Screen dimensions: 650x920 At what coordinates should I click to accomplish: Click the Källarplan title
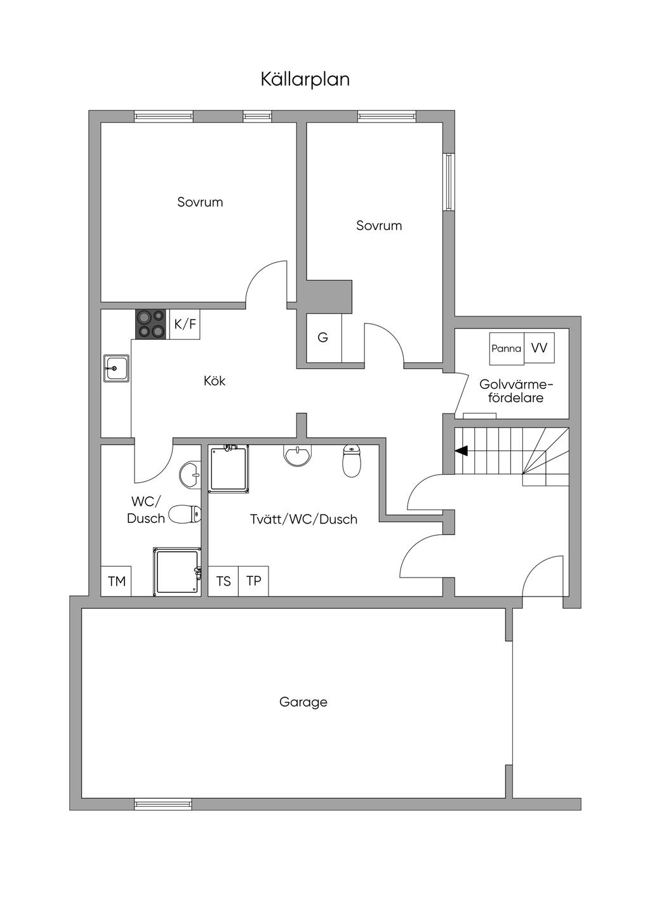point(305,79)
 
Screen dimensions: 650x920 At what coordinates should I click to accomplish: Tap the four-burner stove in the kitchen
point(151,324)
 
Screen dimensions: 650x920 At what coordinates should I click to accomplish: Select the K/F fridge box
point(185,324)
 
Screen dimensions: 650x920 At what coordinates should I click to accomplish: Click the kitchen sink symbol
point(116,369)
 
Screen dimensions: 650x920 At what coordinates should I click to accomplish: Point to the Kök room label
point(215,381)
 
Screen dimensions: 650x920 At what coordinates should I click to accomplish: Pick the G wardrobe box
point(324,338)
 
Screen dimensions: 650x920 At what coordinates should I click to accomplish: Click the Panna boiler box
point(507,348)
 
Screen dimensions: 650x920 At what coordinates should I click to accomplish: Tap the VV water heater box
point(539,348)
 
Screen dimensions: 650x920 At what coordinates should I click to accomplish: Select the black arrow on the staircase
point(461,451)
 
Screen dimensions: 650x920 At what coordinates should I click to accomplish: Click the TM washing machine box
point(116,581)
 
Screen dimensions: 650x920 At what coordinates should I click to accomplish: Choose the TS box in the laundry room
point(223,581)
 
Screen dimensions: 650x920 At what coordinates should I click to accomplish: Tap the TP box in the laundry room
point(254,581)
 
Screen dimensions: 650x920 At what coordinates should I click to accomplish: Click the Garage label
point(303,702)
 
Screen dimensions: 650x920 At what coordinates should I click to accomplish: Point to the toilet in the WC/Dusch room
point(185,514)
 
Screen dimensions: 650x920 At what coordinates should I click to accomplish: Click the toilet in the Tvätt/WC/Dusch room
point(351,461)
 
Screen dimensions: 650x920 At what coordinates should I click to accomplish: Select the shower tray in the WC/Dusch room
point(177,571)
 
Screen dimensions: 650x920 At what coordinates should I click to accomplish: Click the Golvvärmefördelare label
point(516,391)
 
